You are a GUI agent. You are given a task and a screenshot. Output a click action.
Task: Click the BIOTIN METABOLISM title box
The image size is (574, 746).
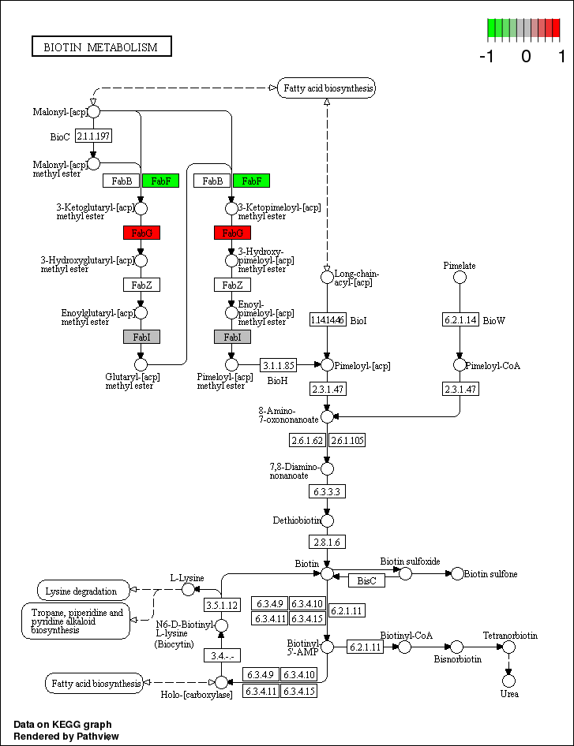tap(101, 47)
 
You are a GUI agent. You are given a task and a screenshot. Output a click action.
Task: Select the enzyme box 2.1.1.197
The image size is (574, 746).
tap(93, 136)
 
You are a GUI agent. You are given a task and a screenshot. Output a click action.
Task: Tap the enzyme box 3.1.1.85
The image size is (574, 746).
tap(279, 365)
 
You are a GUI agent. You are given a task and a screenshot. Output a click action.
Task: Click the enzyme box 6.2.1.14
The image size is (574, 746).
tap(460, 319)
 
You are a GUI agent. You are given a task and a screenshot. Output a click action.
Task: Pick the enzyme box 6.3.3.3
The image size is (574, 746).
tap(327, 490)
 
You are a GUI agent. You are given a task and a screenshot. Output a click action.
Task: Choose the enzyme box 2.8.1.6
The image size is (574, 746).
tap(327, 542)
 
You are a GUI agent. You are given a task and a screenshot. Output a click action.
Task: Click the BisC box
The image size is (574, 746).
tap(366, 580)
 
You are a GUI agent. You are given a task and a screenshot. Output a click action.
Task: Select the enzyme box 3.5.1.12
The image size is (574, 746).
tap(222, 605)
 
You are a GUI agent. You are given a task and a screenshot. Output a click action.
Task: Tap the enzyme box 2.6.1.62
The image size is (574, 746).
tap(307, 440)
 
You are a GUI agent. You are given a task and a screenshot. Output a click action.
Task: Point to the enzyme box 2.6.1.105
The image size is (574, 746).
tap(347, 440)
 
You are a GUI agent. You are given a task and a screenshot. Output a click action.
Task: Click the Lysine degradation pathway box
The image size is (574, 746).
tap(83, 590)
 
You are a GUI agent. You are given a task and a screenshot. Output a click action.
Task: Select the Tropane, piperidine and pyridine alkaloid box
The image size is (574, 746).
tap(76, 621)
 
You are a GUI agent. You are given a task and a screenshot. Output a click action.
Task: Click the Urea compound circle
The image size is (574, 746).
tap(509, 680)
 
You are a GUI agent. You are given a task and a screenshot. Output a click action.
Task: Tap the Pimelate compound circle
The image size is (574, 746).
tap(460, 277)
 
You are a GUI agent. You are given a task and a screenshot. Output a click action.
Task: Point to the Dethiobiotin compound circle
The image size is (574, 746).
tap(327, 520)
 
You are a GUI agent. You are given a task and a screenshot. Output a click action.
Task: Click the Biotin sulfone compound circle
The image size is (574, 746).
tap(457, 573)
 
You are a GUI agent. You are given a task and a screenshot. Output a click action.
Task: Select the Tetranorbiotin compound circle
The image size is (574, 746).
tap(509, 647)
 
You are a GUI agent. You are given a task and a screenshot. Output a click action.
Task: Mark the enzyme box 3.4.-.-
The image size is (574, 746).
tap(222, 655)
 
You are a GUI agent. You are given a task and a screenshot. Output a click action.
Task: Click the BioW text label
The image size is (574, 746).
tap(493, 320)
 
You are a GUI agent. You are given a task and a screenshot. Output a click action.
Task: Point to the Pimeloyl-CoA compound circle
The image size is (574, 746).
tap(460, 365)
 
